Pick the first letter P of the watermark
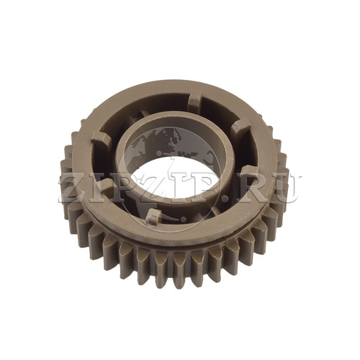pos(115,189)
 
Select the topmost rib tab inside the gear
pos(194,99)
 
